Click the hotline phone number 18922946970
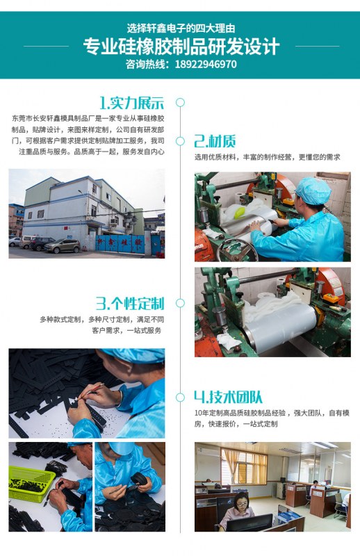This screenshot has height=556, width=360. tap(206, 64)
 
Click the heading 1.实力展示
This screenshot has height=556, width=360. tap(131, 103)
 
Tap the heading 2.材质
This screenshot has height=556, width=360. tap(215, 141)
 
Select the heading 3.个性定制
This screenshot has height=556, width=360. tap(130, 304)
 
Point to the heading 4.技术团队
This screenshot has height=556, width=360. tap(229, 397)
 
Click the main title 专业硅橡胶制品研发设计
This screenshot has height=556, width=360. tap(181, 47)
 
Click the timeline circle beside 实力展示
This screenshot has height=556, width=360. tap(180, 102)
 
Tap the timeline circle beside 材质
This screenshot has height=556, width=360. tap(180, 141)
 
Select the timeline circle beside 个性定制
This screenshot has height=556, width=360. tap(180, 303)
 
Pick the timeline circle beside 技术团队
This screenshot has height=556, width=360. tap(180, 397)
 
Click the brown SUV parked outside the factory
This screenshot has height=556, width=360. tap(63, 246)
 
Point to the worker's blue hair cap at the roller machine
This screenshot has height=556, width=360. tap(313, 191)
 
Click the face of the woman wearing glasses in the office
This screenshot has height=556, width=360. tap(240, 502)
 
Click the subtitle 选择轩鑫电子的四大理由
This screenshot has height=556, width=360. tap(181, 28)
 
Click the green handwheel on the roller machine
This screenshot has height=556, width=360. tap(236, 250)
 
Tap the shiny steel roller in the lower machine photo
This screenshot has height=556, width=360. tap(280, 329)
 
